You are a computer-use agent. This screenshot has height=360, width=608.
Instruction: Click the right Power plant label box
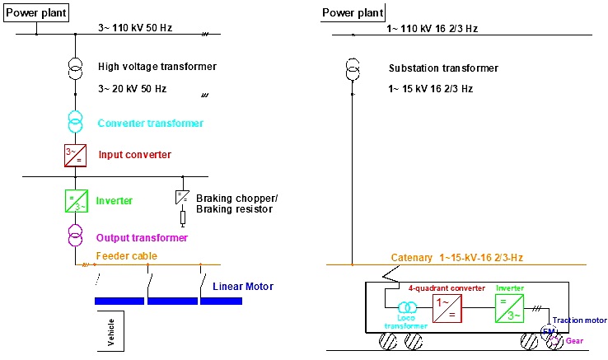tap(353, 12)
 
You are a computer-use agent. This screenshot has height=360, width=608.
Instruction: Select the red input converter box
tap(75, 155)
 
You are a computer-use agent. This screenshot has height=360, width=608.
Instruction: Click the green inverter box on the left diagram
tap(75, 201)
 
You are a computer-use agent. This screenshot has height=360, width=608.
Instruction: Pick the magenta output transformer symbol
tap(75, 237)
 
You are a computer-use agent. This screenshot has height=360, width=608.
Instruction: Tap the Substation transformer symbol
tap(353, 68)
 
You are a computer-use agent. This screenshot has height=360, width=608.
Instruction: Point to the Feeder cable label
tap(126, 256)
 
